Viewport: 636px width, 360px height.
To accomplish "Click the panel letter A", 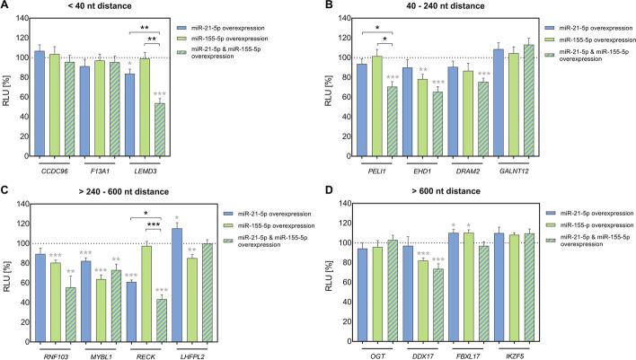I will [7, 7].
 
